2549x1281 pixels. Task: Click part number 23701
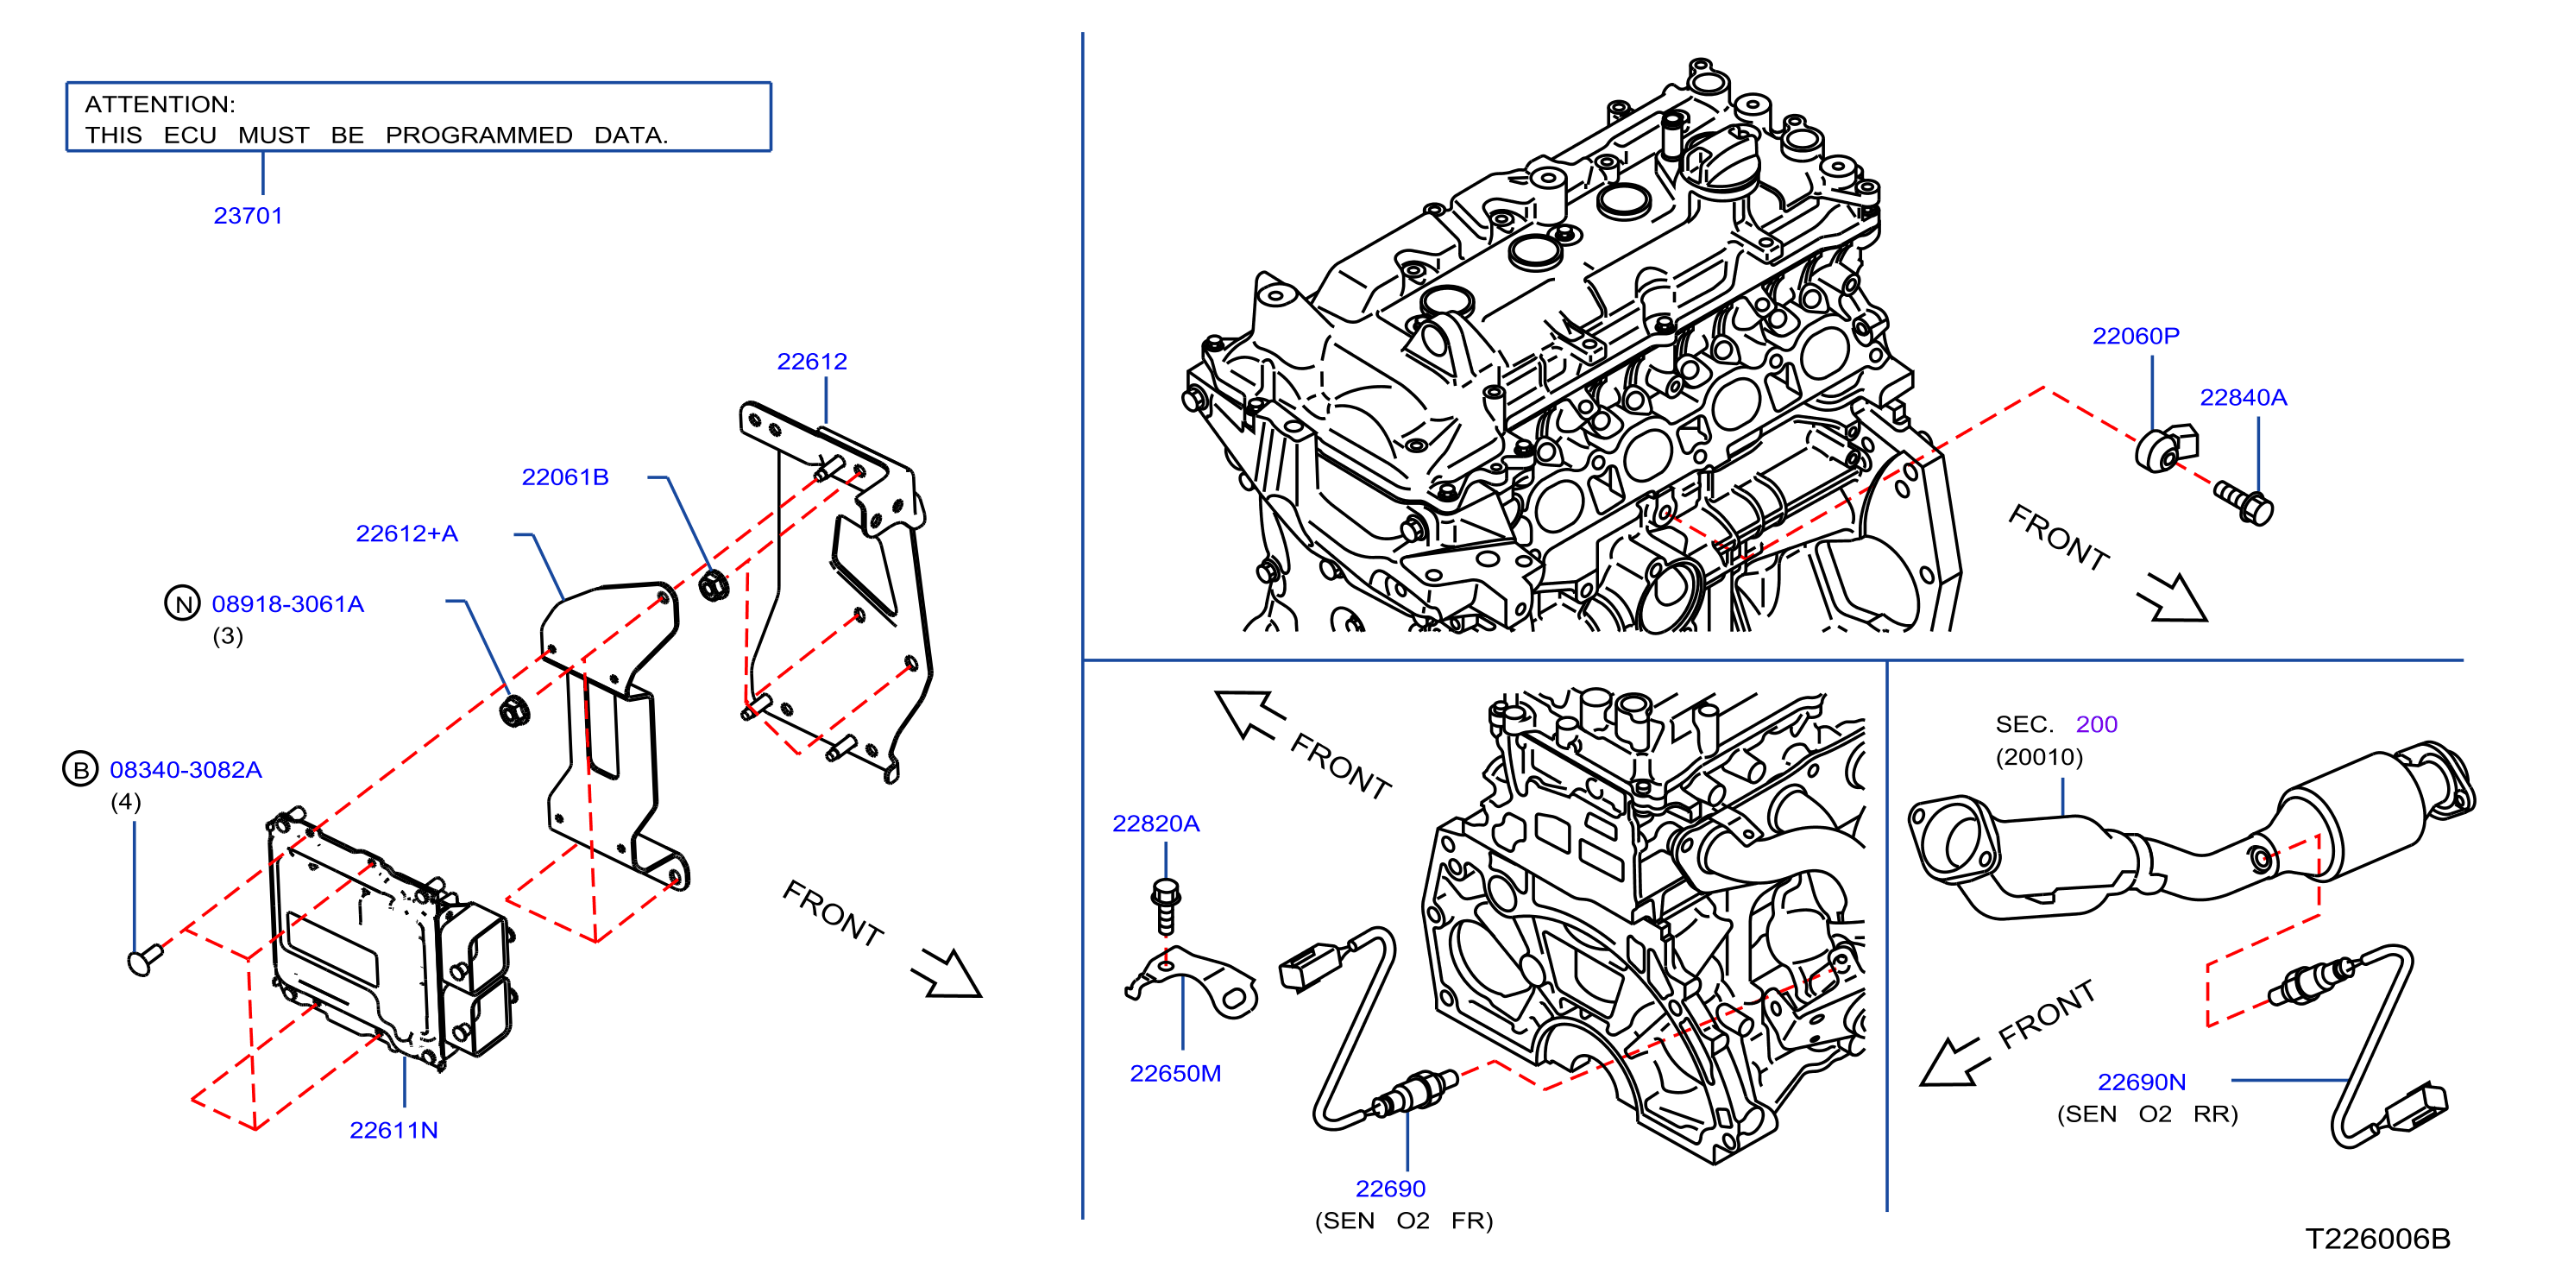(x=249, y=216)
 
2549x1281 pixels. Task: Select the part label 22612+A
(x=406, y=533)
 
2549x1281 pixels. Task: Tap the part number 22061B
(x=565, y=477)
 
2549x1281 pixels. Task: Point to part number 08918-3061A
(x=288, y=604)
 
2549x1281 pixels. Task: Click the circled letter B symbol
(x=80, y=769)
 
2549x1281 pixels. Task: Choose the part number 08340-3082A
(x=186, y=769)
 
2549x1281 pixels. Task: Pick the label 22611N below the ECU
(x=393, y=1131)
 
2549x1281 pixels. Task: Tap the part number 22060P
(x=2136, y=336)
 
